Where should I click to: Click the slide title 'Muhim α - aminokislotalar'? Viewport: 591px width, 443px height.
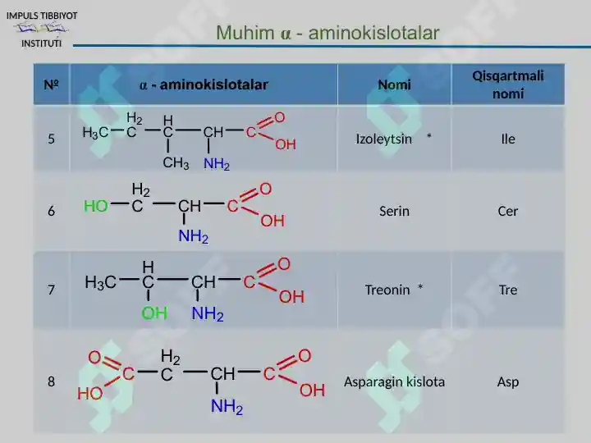pos(328,33)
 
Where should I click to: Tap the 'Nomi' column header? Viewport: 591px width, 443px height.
pos(394,84)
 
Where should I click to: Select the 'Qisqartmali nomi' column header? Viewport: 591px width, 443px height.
pos(508,84)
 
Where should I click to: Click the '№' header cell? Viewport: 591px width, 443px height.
pos(51,84)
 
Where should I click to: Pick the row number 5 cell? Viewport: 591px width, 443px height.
pos(51,139)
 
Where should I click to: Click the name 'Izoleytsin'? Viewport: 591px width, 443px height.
pos(383,139)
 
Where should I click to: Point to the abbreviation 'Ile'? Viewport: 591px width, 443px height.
pos(508,139)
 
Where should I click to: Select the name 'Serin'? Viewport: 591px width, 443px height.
pos(394,211)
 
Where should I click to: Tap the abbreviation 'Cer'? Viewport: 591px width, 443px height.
pos(508,211)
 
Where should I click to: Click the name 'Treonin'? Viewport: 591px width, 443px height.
pos(387,290)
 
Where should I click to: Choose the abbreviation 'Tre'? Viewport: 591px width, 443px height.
pos(508,290)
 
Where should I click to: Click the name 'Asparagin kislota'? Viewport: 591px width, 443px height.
pos(394,382)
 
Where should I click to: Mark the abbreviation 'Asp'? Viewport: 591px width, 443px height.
pos(508,382)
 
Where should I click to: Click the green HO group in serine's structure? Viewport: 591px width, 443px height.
pos(96,206)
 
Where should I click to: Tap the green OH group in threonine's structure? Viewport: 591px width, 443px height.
pos(154,313)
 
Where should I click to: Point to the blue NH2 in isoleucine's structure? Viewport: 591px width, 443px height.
pos(217,164)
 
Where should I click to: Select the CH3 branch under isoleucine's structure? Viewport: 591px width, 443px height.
pos(176,163)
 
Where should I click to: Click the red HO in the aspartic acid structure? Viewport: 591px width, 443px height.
pos(90,394)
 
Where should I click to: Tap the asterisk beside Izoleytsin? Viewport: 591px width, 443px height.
pos(429,136)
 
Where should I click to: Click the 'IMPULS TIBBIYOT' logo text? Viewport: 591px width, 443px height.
pos(42,16)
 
